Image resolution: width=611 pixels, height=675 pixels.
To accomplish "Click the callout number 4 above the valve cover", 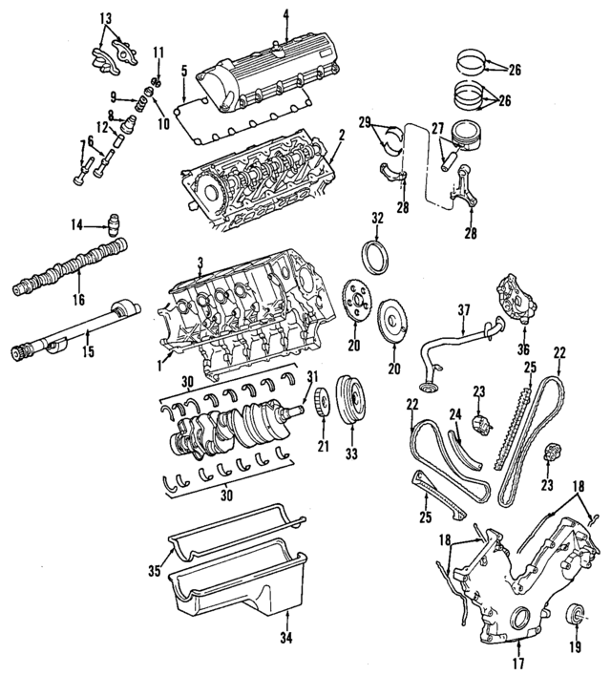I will click(285, 14).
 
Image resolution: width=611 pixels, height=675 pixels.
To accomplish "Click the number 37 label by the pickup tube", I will click(465, 309).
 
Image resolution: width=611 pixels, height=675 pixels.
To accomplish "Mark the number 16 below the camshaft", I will click(78, 299).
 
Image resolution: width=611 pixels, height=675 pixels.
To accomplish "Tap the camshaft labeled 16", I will click(76, 267).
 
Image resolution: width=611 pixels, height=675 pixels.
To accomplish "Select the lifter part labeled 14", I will click(115, 225).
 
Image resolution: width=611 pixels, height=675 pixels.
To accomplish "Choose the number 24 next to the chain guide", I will click(455, 413).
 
